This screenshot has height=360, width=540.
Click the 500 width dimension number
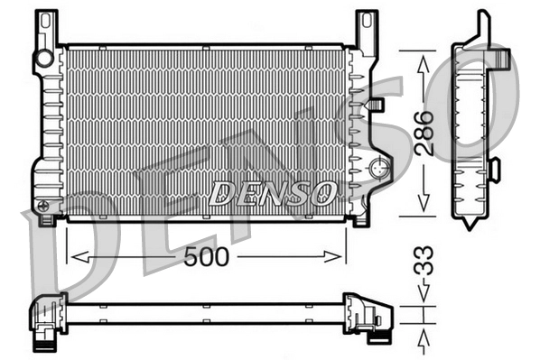pos(207,257)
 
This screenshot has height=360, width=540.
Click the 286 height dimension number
pos(425,132)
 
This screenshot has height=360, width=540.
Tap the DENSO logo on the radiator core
pos(273,192)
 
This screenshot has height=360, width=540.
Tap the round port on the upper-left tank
pos(43,59)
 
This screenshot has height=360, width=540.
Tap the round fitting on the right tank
pos(379,168)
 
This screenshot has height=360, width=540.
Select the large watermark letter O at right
pos(488,99)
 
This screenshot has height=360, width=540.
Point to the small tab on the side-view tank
pos(494,168)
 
